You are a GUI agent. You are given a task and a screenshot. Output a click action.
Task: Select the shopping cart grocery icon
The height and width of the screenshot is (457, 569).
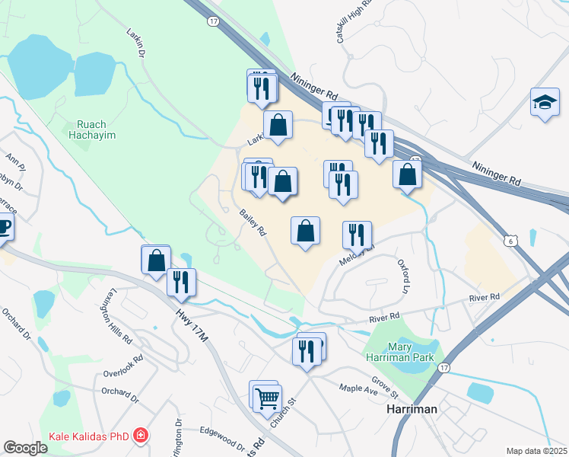(267, 398)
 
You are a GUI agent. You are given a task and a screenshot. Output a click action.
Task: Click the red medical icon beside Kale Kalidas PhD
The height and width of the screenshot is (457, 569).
(139, 437)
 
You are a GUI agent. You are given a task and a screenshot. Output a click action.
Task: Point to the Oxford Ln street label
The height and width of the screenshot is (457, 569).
(403, 276)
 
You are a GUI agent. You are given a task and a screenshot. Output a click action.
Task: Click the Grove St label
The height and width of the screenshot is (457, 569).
(386, 385)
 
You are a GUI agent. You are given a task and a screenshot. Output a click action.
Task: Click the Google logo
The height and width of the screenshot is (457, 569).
(25, 448)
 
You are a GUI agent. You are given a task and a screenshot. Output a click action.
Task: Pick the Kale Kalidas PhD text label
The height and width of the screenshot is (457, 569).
(88, 437)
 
